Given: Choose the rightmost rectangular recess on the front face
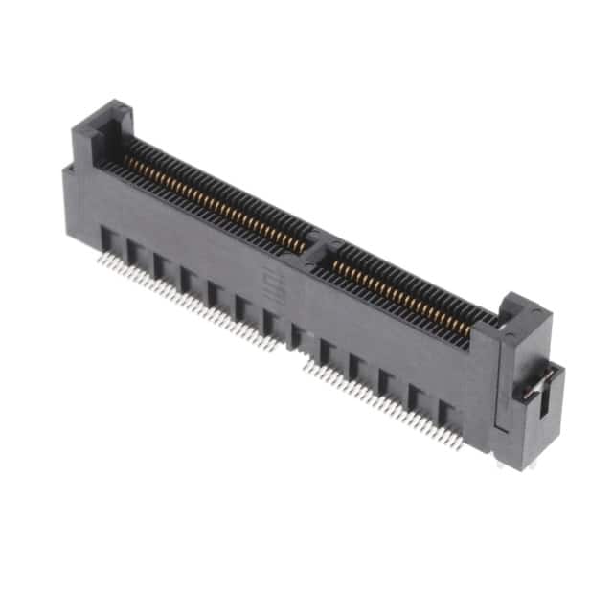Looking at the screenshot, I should click(x=448, y=415).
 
